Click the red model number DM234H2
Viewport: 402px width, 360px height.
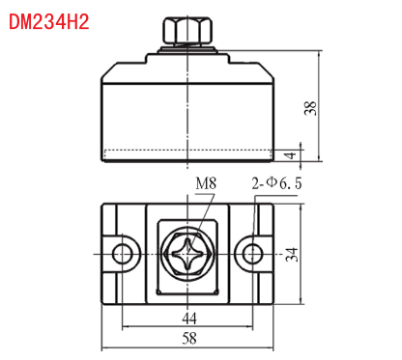[49, 22]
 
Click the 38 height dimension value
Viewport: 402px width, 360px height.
[310, 108]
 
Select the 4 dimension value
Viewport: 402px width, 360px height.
[291, 155]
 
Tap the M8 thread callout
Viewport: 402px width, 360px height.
[206, 183]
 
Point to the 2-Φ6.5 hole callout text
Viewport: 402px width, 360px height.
[276, 183]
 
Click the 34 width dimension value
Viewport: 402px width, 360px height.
[292, 254]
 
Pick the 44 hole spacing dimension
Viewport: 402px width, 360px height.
[189, 318]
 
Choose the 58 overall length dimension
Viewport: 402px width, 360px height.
[189, 339]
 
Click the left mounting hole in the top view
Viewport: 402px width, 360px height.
[123, 254]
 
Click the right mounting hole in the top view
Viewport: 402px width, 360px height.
[253, 254]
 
